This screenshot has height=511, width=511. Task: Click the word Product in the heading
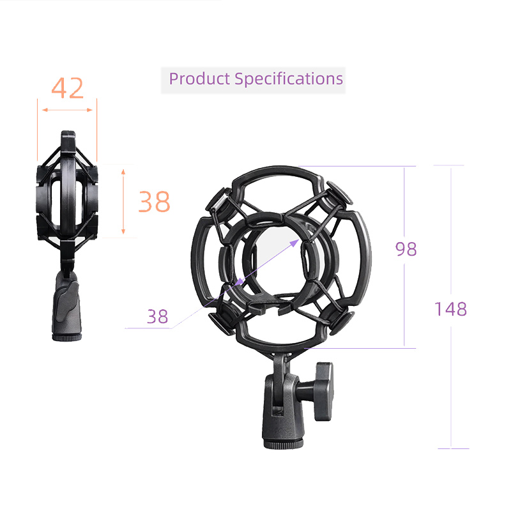point(199,79)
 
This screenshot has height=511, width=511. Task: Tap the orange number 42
point(67,88)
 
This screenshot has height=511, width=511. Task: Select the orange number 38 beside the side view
point(155,202)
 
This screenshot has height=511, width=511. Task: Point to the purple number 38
point(158,316)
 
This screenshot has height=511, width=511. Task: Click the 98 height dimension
point(406,249)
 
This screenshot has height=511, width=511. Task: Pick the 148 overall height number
point(451,309)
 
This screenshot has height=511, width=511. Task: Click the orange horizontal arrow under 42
point(67,110)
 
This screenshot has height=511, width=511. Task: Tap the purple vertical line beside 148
point(452,383)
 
